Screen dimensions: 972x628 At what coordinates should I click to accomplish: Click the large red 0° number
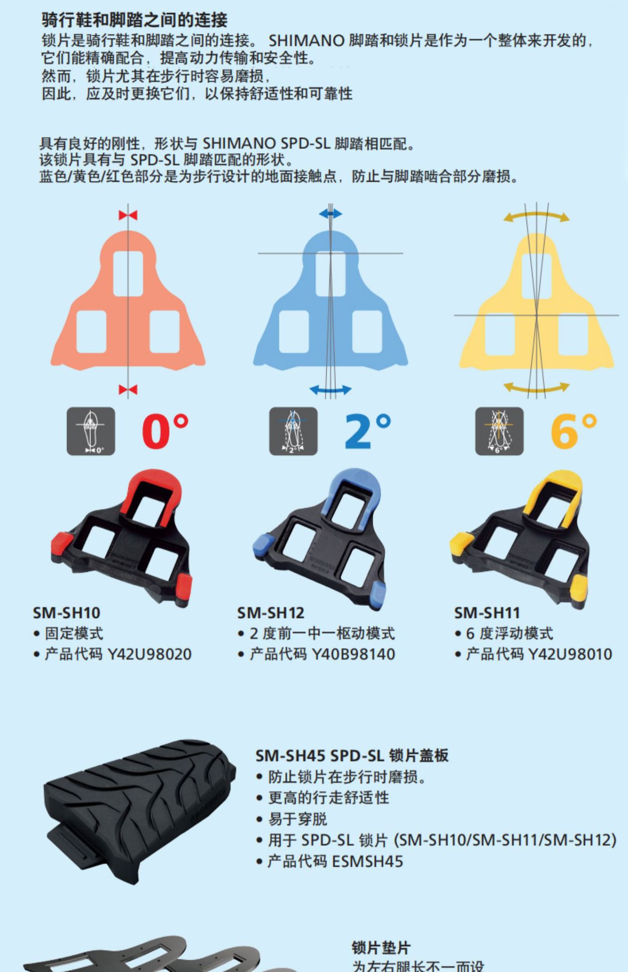point(165,431)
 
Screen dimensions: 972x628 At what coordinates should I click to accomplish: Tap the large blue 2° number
point(368,431)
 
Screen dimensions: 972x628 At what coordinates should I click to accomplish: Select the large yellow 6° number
point(573,431)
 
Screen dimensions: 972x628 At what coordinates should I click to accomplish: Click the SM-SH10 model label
point(66,613)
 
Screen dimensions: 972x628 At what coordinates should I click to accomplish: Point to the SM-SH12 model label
point(270,613)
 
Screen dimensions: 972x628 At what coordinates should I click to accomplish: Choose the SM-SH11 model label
point(487,613)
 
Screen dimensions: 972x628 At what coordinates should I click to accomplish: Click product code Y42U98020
point(149,654)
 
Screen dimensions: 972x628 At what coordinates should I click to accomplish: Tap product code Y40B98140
point(353,654)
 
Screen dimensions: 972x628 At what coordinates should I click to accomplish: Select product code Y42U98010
point(570,654)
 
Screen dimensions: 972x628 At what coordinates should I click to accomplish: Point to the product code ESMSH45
point(367,861)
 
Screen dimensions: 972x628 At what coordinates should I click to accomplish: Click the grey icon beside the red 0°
point(91,431)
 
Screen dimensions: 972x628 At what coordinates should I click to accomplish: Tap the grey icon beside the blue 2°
point(293,431)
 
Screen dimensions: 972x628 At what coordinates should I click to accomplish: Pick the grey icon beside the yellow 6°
point(499,431)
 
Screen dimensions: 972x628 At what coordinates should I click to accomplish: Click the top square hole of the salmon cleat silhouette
point(128,273)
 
